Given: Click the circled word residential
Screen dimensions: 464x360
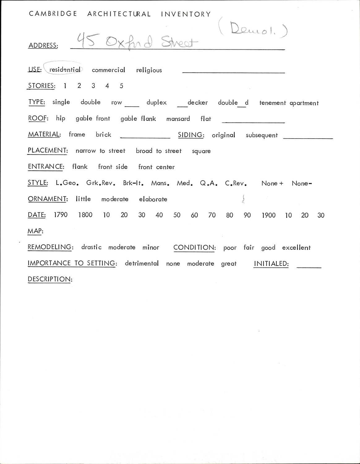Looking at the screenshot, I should (x=65, y=70).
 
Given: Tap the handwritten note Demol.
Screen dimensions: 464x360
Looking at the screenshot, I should (x=253, y=30).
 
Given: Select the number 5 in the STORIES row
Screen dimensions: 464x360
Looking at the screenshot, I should (x=121, y=86).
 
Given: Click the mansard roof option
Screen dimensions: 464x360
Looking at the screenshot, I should (x=178, y=119).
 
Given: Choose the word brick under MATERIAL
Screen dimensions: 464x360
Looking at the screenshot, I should (x=103, y=135).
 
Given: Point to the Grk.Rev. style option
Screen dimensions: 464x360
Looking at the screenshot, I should (x=101, y=183).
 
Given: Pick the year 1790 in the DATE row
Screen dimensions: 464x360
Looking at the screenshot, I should (x=61, y=215).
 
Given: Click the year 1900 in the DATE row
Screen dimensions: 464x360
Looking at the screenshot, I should (x=268, y=215).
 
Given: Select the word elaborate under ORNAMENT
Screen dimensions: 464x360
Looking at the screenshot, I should (x=153, y=199).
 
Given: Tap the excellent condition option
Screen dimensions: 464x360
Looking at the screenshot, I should (x=296, y=247).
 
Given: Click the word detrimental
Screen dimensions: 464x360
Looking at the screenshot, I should (x=142, y=263).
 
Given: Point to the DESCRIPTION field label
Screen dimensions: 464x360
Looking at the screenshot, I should (x=50, y=279).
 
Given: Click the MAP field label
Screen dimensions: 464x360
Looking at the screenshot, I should (x=35, y=231).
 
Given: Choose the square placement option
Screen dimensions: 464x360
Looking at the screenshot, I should (x=201, y=151).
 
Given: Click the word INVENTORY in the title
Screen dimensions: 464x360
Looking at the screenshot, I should (x=186, y=14).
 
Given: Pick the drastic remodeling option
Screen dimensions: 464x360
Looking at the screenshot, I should (x=91, y=247).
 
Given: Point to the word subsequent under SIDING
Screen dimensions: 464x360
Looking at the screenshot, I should (x=262, y=135).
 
